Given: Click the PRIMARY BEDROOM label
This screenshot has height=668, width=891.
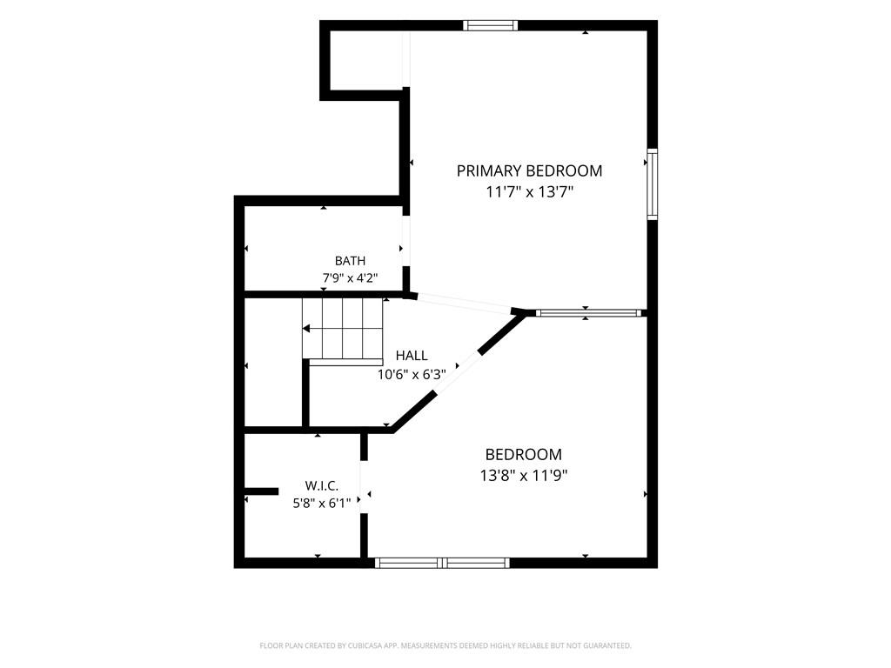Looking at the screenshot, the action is pyautogui.click(x=529, y=170).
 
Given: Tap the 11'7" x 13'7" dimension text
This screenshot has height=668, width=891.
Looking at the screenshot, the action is pyautogui.click(x=529, y=192).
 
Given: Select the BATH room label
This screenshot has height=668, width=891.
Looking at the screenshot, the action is pyautogui.click(x=350, y=261).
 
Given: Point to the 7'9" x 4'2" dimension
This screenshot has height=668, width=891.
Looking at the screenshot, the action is pyautogui.click(x=350, y=278).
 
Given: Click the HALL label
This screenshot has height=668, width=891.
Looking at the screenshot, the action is pyautogui.click(x=412, y=356).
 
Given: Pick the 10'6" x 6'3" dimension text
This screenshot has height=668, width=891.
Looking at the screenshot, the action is pyautogui.click(x=412, y=375).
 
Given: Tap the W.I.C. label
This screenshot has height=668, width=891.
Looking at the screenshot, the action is pyautogui.click(x=322, y=485).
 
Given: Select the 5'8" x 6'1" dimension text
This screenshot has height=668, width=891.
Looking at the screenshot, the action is pyautogui.click(x=322, y=503).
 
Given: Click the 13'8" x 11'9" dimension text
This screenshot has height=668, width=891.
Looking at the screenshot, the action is pyautogui.click(x=524, y=476).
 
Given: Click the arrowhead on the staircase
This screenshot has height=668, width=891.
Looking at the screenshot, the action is pyautogui.click(x=306, y=328).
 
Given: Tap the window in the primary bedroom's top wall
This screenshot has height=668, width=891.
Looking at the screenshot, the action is pyautogui.click(x=490, y=25).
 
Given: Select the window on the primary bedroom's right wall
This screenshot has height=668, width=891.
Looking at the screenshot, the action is pyautogui.click(x=653, y=184).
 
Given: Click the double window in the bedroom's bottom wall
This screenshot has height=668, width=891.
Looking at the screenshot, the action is pyautogui.click(x=442, y=563).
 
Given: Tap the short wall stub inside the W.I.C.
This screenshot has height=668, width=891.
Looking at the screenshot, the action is pyautogui.click(x=261, y=491).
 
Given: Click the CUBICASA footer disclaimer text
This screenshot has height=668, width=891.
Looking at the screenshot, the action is pyautogui.click(x=445, y=645).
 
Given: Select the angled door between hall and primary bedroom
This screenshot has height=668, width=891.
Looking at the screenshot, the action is pyautogui.click(x=465, y=303).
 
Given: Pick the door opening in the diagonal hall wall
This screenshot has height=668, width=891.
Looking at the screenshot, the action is pyautogui.click(x=458, y=372).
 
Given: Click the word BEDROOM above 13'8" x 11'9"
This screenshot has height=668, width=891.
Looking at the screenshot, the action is pyautogui.click(x=523, y=454).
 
